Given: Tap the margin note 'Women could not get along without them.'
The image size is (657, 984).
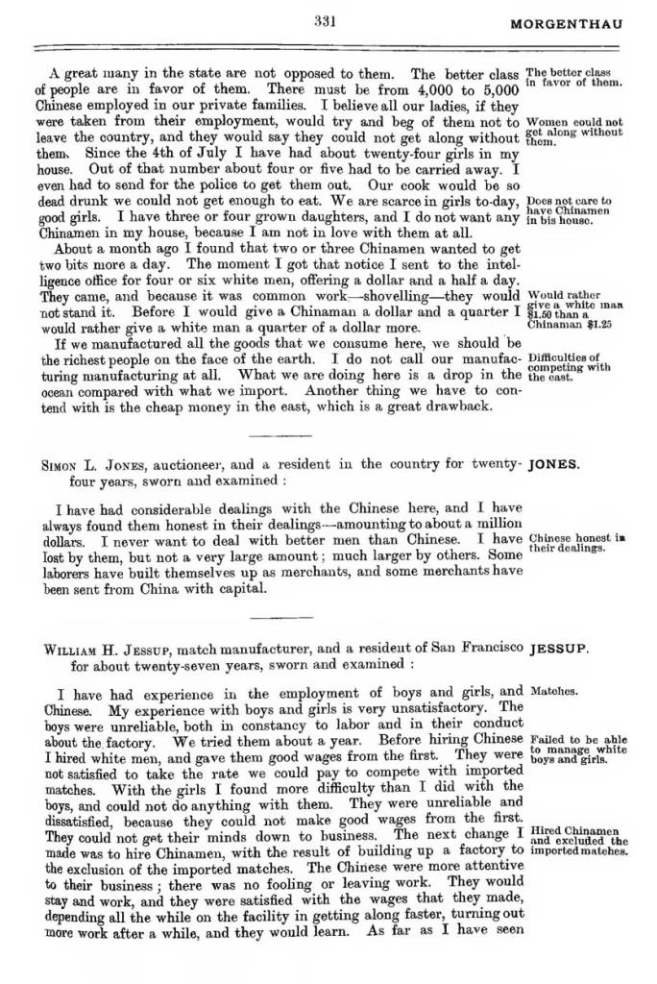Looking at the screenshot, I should [x=574, y=132].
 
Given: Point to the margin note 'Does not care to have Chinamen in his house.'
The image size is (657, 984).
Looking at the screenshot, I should [x=570, y=210].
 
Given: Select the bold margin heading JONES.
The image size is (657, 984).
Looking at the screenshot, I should [x=554, y=464].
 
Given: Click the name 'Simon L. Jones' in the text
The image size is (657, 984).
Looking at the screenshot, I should [x=92, y=464].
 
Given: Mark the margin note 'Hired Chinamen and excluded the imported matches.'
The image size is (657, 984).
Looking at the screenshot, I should [x=578, y=841].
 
